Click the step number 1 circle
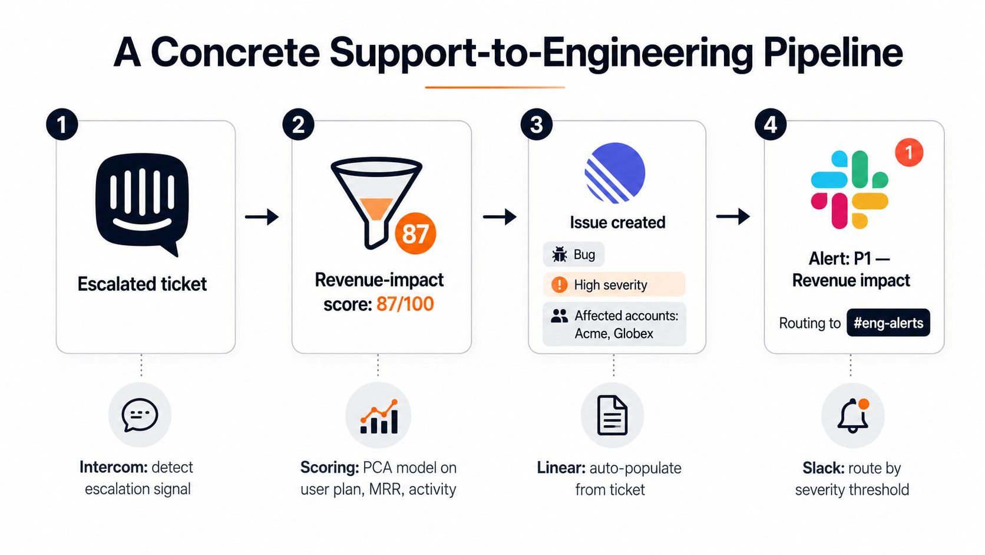pos(62,124)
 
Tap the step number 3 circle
pos(537,124)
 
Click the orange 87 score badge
pos(415,234)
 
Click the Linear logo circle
pos(615,173)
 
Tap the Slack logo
pos(849,190)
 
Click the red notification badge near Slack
pos(909,152)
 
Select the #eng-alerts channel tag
pos(888,323)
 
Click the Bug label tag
pos(573,254)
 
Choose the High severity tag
pos(614,285)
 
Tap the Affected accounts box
pos(614,324)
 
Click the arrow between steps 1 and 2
pos(262,216)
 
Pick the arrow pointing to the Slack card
pos(733,216)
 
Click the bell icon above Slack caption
pos(853,415)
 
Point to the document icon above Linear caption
pos(612,415)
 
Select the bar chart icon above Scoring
pos(379,416)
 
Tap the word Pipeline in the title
pos(833,53)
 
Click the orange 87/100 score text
pos(405,304)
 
